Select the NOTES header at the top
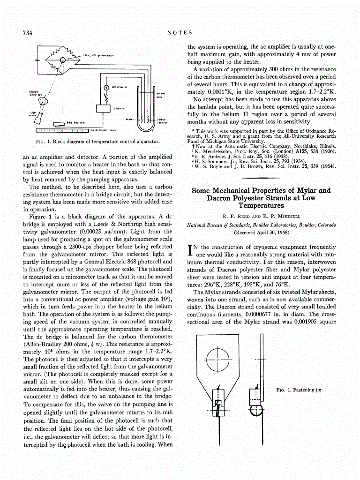(x=180, y=32)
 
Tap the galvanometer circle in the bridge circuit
(x=63, y=60)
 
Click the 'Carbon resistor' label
(x=162, y=121)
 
